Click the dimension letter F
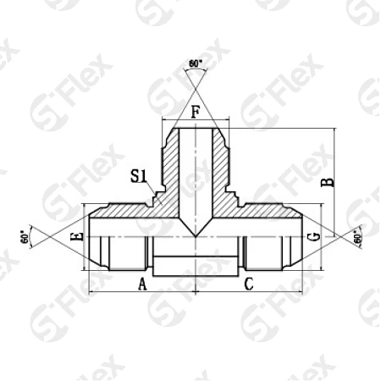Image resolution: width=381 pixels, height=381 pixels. (195, 112)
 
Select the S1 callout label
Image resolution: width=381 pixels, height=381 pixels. (139, 176)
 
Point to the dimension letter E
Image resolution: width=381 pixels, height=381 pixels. (77, 238)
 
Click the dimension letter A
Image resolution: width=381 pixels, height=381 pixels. (141, 284)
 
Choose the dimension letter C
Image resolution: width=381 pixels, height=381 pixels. (248, 284)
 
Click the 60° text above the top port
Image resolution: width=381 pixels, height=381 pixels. (196, 63)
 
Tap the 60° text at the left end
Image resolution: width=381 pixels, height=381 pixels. (25, 237)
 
